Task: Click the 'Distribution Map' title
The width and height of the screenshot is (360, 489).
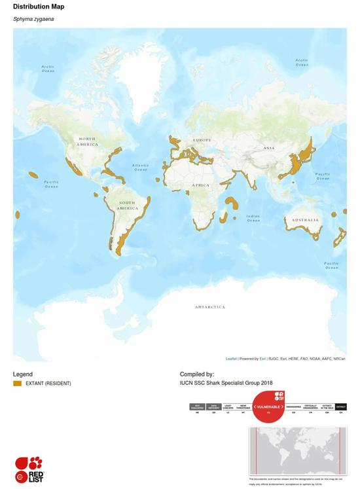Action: [39, 7]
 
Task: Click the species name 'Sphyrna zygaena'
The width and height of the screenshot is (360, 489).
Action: [33, 19]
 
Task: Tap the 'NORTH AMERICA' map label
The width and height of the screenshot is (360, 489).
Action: [87, 141]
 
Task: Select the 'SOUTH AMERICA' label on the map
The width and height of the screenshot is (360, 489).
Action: [126, 205]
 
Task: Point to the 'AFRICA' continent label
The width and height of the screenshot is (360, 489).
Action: [201, 185]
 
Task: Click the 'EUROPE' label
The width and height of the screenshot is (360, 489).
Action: [202, 141]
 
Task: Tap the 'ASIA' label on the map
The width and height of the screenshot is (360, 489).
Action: [269, 148]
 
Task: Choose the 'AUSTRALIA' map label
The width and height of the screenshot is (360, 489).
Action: [305, 220]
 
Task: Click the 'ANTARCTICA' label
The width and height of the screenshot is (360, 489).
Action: [209, 306]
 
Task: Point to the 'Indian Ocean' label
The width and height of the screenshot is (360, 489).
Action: [253, 218]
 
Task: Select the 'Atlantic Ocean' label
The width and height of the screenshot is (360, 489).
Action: [140, 168]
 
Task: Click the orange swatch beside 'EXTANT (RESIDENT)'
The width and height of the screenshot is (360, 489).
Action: [18, 383]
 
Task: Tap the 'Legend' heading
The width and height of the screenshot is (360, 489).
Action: [23, 374]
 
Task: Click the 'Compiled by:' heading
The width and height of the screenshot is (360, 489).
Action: [197, 374]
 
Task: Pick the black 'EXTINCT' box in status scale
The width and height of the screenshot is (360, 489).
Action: [340, 407]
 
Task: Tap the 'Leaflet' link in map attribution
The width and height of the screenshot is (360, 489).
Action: [231, 359]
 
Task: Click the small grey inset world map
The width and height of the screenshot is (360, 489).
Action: [297, 452]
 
